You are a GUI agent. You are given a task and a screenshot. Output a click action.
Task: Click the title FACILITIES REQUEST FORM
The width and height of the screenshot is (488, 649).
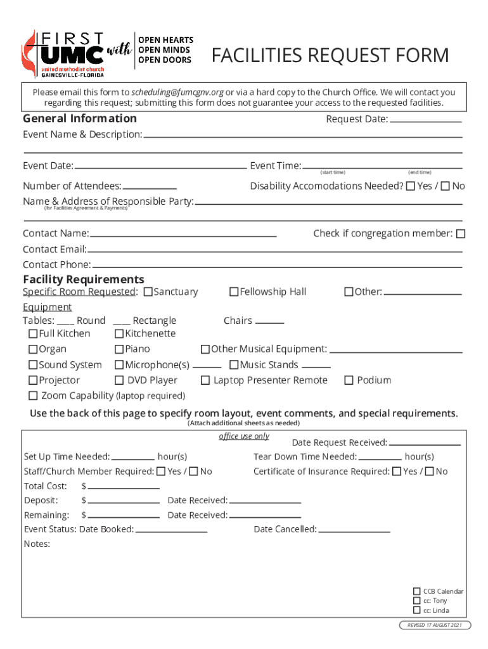pyautogui.click(x=330, y=56)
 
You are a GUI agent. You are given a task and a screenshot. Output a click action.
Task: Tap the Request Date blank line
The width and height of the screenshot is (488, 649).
pyautogui.click(x=425, y=120)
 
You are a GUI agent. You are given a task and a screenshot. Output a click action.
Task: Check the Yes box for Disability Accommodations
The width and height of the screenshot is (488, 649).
pyautogui.click(x=410, y=186)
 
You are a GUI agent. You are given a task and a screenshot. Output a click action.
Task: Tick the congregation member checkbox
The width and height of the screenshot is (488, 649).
pyautogui.click(x=461, y=234)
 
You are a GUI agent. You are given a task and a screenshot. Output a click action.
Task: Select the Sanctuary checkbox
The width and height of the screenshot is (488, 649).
pyautogui.click(x=148, y=292)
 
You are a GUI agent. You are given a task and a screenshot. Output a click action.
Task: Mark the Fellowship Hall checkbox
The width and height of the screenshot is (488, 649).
pyautogui.click(x=234, y=292)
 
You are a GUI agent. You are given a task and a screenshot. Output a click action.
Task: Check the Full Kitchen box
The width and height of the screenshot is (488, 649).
pyautogui.click(x=33, y=334)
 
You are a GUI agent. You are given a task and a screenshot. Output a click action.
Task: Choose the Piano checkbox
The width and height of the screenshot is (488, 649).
pyautogui.click(x=119, y=349)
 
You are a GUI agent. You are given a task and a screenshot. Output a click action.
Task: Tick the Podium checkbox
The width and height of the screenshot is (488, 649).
pyautogui.click(x=349, y=380)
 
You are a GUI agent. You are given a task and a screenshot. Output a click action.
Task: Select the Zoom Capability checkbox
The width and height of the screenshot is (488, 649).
pyautogui.click(x=33, y=396)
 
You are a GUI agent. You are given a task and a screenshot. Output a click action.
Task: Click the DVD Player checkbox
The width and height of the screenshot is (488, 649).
pyautogui.click(x=119, y=380)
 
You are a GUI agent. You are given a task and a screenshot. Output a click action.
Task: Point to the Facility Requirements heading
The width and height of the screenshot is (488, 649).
pyautogui.click(x=84, y=280)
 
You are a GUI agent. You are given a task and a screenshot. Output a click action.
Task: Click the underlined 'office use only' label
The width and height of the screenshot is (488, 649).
pyautogui.click(x=244, y=436)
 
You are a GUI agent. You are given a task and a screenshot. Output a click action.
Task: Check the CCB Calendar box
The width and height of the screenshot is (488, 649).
pyautogui.click(x=416, y=591)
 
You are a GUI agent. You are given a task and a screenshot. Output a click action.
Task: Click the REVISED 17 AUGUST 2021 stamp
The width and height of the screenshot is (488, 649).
pyautogui.click(x=435, y=625)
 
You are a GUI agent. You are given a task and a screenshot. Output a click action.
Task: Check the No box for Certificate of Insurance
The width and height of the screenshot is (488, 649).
pyautogui.click(x=430, y=472)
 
